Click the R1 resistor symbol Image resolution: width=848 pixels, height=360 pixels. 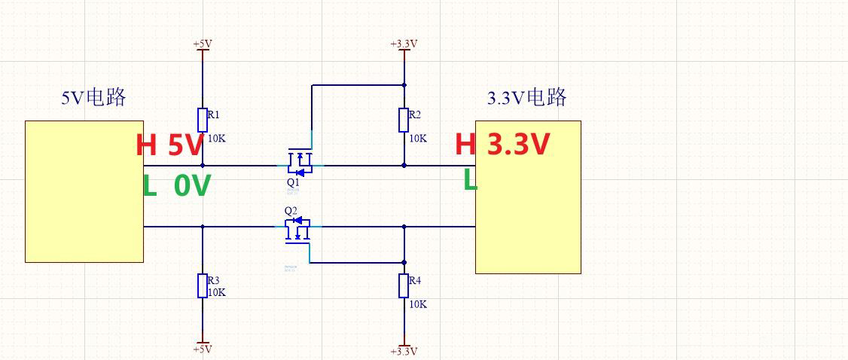[203, 120]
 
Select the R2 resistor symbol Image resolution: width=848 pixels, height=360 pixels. [404, 120]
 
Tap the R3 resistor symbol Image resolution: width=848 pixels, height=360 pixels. [203, 285]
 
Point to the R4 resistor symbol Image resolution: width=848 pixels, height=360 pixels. [404, 286]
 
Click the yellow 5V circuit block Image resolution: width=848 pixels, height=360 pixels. [84, 191]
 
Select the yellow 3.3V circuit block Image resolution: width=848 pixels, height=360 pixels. [528, 197]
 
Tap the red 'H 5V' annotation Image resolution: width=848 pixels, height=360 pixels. [169, 145]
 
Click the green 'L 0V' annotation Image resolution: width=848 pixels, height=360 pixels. [176, 185]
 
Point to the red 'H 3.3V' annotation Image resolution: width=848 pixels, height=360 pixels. [502, 144]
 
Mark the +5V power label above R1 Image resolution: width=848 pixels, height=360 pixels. [203, 44]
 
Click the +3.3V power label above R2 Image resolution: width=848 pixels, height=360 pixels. [404, 44]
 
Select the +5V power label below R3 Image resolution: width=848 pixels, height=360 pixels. [203, 349]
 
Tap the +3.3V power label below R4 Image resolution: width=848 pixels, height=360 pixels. [404, 351]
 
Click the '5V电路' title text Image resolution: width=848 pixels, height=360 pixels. [93, 98]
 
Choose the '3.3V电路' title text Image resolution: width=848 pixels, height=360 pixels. [527, 98]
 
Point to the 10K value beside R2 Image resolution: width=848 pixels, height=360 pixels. [418, 139]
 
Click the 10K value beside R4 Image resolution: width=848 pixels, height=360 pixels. [418, 304]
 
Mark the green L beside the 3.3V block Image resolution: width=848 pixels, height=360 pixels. [470, 181]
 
